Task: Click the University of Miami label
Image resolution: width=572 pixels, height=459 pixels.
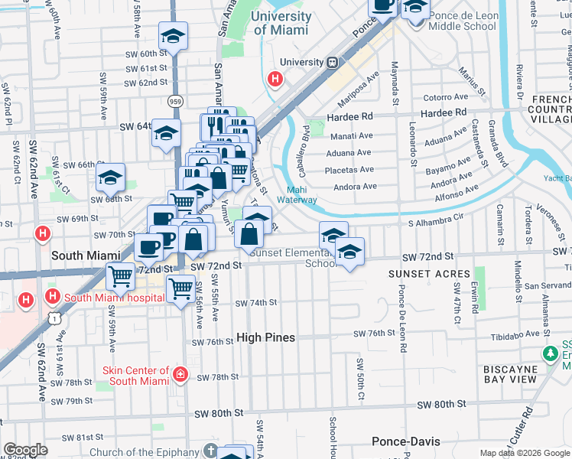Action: point(281,23)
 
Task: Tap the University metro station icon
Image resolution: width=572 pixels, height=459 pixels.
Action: point(333,62)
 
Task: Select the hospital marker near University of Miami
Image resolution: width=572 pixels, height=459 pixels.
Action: point(275,78)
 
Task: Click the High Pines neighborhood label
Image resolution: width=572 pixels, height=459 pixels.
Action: point(265,337)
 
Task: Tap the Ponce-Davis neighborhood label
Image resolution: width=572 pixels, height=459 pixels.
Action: point(403,441)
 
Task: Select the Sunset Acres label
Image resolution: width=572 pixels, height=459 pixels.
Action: point(428,274)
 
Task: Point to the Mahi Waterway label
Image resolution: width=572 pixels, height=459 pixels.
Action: point(301,195)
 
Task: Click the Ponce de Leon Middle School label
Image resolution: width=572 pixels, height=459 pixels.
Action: point(462,20)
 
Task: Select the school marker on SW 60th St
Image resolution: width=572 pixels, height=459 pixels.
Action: point(174,35)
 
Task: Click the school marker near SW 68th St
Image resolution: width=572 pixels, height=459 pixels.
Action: point(111,178)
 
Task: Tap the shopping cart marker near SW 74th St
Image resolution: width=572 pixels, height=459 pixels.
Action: point(180,289)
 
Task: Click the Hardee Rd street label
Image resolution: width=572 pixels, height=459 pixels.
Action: point(349,116)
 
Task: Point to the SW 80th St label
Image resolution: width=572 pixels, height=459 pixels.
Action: point(216,412)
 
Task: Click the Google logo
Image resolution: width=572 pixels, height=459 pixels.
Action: point(26,450)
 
